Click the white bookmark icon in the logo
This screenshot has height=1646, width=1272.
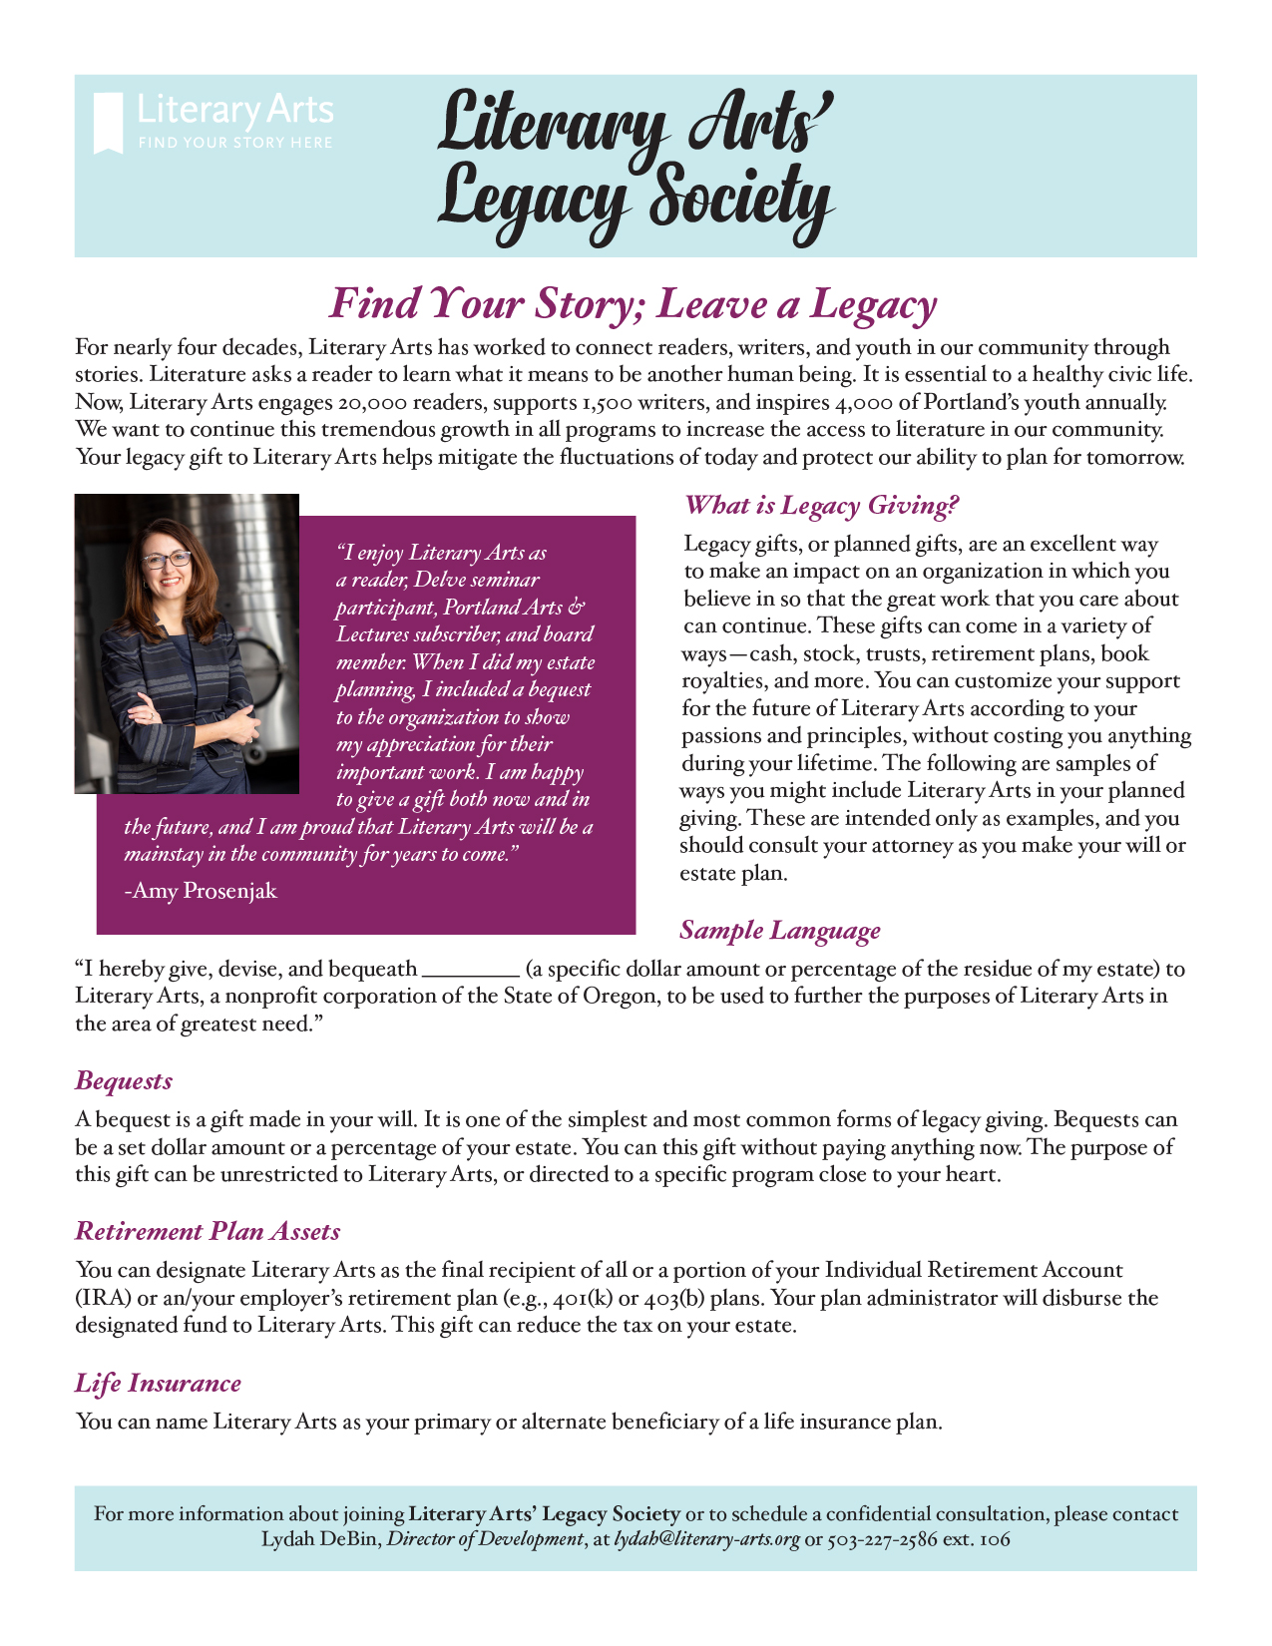[x=108, y=123]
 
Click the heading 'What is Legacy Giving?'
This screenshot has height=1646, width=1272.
[x=821, y=506]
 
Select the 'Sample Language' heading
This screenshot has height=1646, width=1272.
[x=779, y=931]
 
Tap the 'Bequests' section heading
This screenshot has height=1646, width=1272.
[x=124, y=1081]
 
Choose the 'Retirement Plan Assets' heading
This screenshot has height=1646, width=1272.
[x=208, y=1232]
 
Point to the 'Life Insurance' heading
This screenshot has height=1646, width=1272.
[x=158, y=1384]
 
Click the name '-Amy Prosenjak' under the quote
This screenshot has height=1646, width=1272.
[x=201, y=891]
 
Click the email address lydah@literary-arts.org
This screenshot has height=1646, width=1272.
[x=706, y=1539]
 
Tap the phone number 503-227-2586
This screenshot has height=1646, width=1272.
[x=882, y=1539]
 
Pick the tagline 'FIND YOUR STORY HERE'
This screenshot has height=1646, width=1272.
[x=235, y=143]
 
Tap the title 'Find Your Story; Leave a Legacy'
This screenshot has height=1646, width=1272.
[x=634, y=303]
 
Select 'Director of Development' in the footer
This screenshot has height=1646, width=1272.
[x=484, y=1539]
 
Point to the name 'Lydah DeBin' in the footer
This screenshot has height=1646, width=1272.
[x=320, y=1539]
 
